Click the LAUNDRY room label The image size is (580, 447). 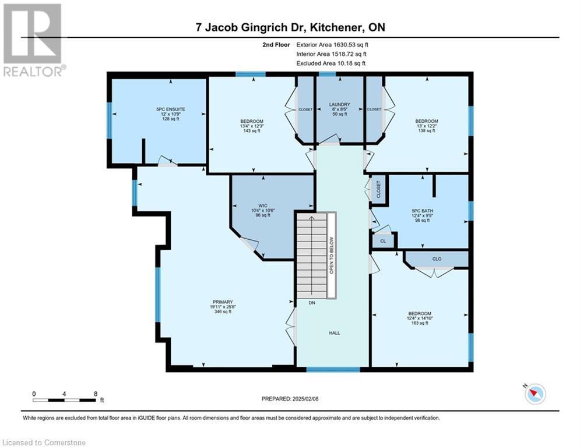pos(339,105)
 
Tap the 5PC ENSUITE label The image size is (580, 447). pos(157,109)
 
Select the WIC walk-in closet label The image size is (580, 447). pos(263,205)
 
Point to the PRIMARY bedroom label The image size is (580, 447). pos(222,301)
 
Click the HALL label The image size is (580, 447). pos(334,333)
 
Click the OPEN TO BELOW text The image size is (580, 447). pos(332,256)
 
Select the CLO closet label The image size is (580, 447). pos(437,258)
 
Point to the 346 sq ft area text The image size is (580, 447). pos(223,311)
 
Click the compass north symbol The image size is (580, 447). pos(535,394)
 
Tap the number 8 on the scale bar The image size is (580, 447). pos(95,394)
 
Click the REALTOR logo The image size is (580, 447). pos(34,41)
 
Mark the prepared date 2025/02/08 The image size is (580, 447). pos(291,399)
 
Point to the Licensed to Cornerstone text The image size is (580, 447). pos(44,443)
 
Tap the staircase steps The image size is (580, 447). pos(311,256)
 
